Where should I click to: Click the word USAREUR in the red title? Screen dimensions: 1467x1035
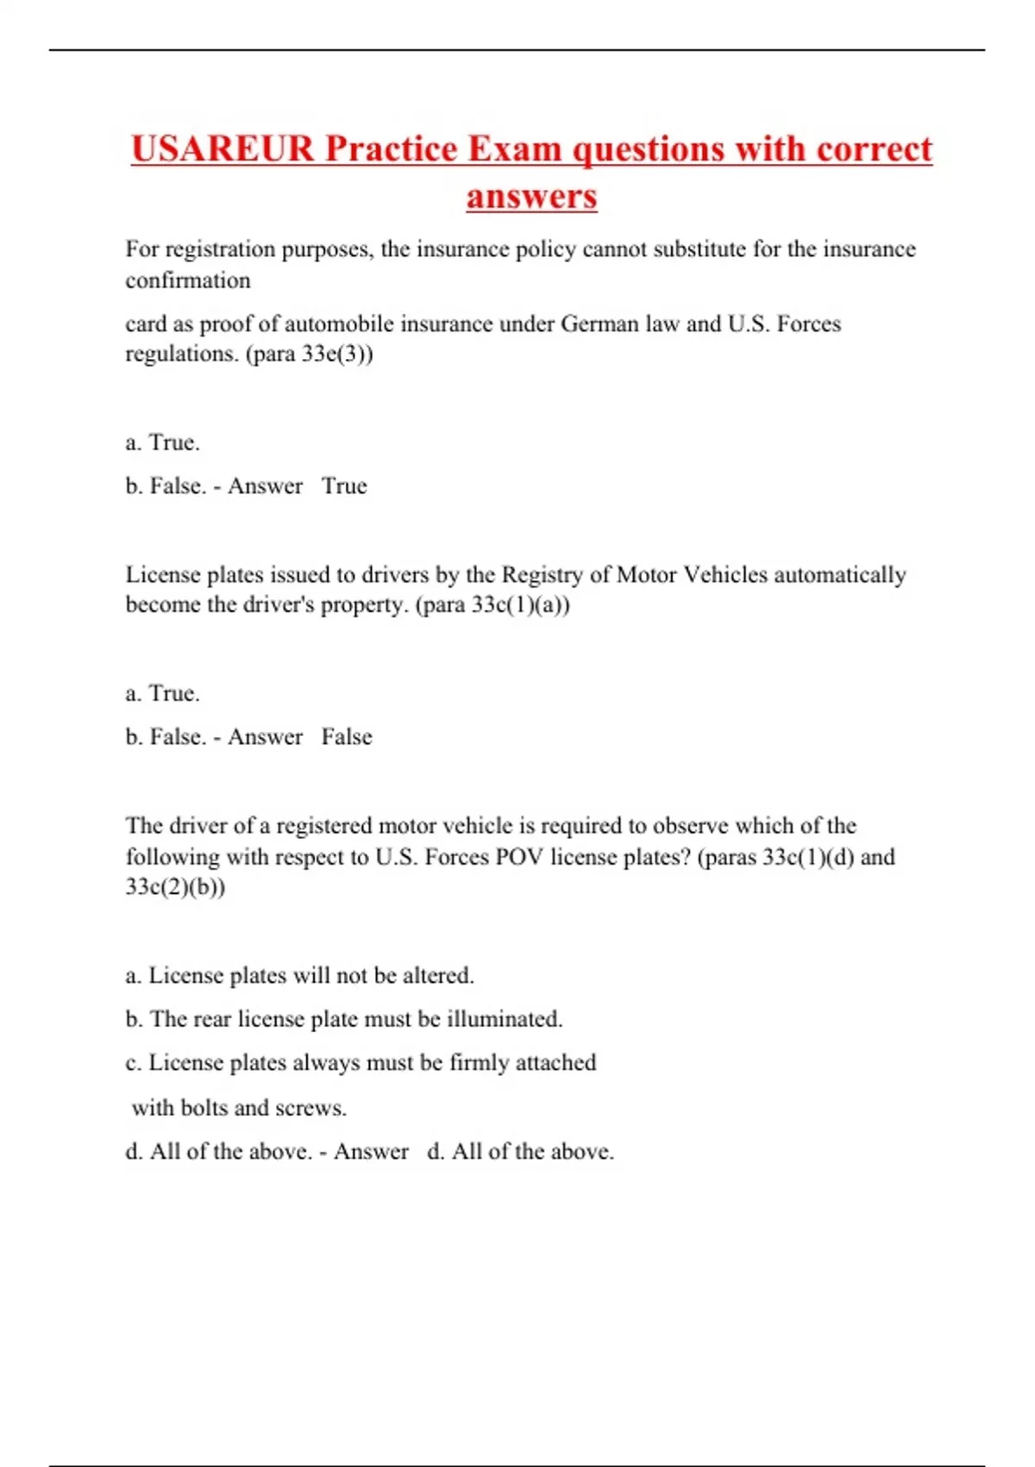pyautogui.click(x=223, y=148)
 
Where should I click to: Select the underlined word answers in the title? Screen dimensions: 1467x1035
pyautogui.click(x=531, y=196)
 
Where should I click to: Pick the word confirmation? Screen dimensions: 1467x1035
pyautogui.click(x=188, y=280)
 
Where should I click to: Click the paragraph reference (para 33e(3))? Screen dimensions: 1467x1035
pyautogui.click(x=310, y=354)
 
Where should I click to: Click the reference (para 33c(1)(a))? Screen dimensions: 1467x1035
pyautogui.click(x=492, y=605)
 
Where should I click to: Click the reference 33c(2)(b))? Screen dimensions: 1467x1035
pyautogui.click(x=175, y=887)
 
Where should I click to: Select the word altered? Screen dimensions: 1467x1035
pyautogui.click(x=438, y=976)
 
